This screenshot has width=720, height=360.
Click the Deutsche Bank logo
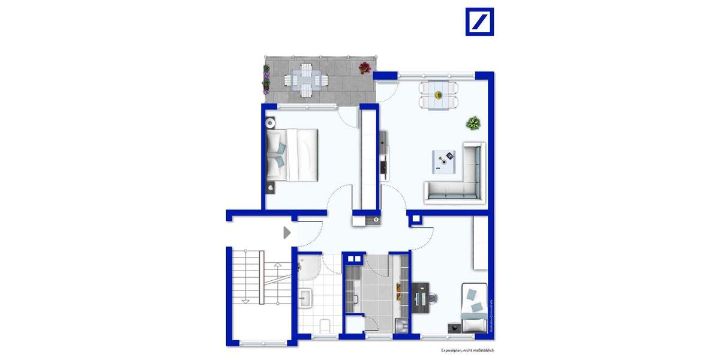click(479, 22)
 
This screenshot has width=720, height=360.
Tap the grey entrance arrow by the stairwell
click(287, 232)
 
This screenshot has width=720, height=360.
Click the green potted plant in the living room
click(473, 124)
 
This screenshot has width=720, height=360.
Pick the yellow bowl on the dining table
click(439, 95)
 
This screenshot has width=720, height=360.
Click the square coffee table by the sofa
click(446, 160)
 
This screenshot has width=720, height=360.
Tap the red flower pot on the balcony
click(364, 68)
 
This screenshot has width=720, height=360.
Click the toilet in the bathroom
click(324, 326)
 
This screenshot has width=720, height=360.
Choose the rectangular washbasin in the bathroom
click(305, 296)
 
